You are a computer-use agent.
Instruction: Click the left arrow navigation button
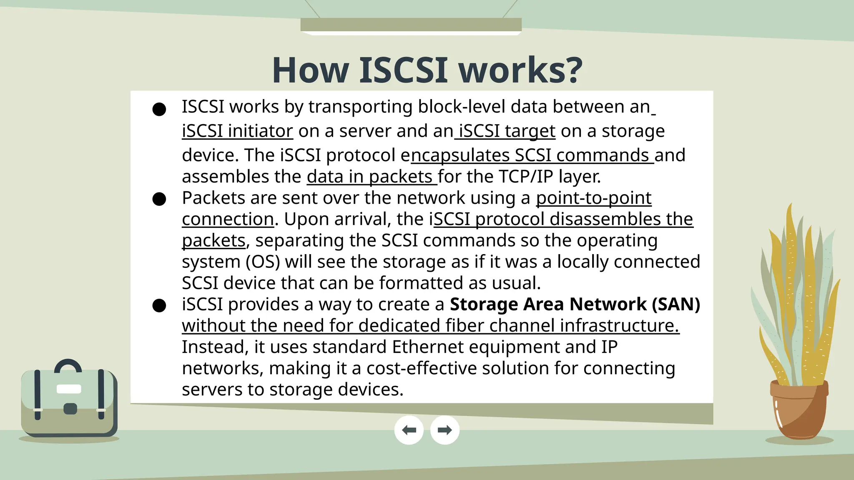point(409,430)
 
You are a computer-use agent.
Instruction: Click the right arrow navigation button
point(445,430)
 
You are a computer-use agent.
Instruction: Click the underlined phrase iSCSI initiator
point(237,131)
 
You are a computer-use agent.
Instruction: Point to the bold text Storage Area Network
point(548,304)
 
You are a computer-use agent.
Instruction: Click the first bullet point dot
point(159,110)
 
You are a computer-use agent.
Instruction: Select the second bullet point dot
point(159,199)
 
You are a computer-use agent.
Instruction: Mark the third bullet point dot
point(159,306)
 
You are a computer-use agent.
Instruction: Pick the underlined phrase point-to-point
point(593,198)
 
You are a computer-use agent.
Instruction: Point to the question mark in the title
point(574,70)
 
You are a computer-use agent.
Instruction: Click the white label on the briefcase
point(69,389)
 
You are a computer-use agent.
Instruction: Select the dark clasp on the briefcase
point(70,408)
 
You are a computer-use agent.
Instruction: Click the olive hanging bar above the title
point(411,25)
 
